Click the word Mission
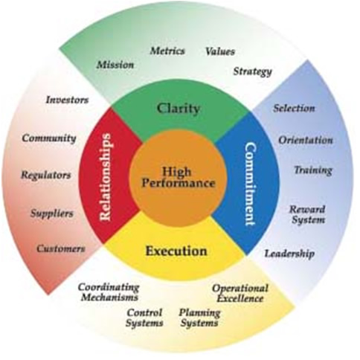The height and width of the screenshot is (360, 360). [x=115, y=65]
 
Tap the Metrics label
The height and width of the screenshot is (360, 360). [x=167, y=51]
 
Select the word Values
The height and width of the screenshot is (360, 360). [x=220, y=51]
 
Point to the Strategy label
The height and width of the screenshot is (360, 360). [x=253, y=71]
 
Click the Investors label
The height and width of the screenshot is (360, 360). [x=67, y=100]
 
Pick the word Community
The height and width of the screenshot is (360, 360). [x=49, y=138]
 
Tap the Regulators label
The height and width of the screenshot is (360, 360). [x=46, y=176]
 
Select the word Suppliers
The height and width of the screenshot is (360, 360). [x=52, y=213]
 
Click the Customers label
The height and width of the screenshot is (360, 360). [x=61, y=248]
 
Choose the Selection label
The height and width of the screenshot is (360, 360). [x=295, y=109]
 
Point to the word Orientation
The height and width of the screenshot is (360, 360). [x=306, y=141]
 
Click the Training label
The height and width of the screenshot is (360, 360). [x=313, y=170]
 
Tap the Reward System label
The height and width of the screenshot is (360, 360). [x=308, y=215]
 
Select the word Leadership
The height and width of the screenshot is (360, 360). [x=289, y=254]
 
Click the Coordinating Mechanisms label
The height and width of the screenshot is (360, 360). [x=109, y=292]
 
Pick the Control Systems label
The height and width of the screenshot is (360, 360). [x=144, y=318]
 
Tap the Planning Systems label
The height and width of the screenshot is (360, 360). [x=199, y=318]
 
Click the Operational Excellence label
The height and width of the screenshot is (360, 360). [x=240, y=293]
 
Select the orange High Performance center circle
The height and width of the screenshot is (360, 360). [x=179, y=178]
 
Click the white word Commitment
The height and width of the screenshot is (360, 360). [x=250, y=184]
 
